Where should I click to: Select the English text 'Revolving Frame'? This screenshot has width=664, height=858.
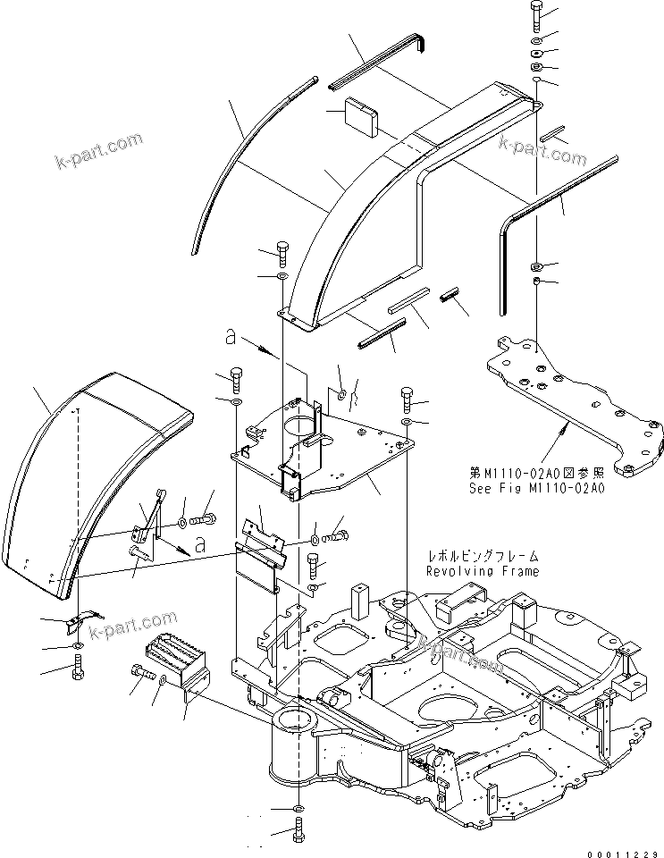[x=482, y=571]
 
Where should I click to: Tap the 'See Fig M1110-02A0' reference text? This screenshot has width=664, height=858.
[x=536, y=489]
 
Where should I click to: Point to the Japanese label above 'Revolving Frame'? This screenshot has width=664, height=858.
[x=482, y=556]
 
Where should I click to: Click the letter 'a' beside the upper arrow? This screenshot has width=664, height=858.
[x=231, y=338]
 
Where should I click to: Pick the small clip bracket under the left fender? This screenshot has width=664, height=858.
[x=83, y=619]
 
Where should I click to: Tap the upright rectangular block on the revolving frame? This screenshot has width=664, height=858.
[x=360, y=601]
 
